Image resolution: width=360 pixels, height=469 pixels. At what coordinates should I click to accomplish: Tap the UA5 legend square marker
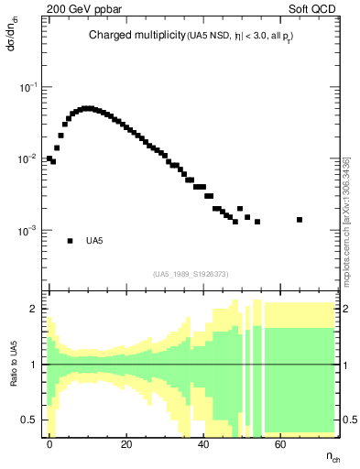(71, 241)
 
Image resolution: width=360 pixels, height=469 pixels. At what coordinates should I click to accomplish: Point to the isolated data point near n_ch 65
(300, 220)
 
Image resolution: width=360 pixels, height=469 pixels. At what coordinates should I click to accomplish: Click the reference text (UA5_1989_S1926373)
(191, 274)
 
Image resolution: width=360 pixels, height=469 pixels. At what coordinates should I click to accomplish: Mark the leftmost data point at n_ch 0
(49, 158)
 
